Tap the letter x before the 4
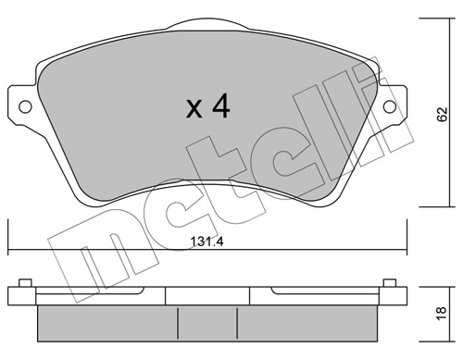click(x=194, y=111)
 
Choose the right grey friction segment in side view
click(x=306, y=320)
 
